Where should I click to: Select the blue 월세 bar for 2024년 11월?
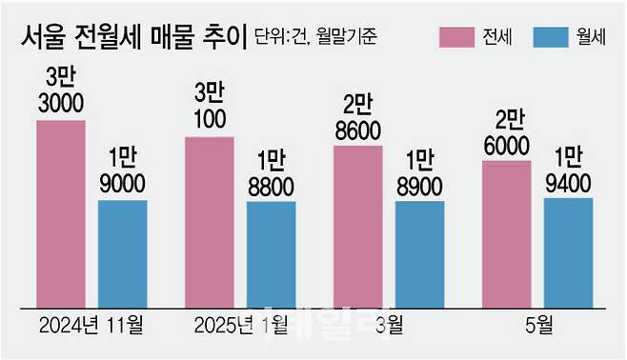click(123, 252)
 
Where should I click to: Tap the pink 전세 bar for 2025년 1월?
click(210, 221)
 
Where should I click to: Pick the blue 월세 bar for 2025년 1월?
click(272, 253)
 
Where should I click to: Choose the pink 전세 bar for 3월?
click(358, 226)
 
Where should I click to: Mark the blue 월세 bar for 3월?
click(420, 253)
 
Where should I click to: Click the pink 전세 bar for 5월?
click(507, 233)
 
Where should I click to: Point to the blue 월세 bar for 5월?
click(569, 251)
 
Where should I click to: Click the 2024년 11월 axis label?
click(91, 326)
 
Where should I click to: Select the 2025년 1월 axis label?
click(240, 326)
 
